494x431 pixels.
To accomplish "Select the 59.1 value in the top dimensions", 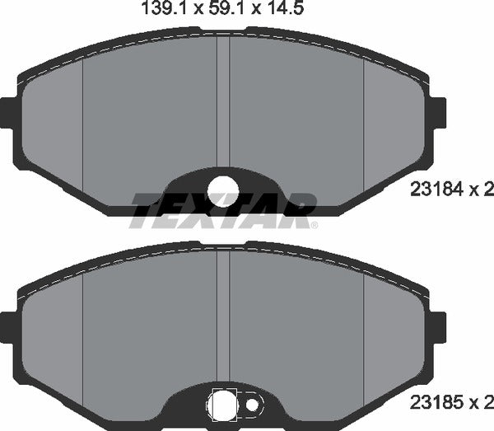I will pyautogui.click(x=211, y=12).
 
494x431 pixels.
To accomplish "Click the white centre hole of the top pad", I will pyautogui.click(x=222, y=191).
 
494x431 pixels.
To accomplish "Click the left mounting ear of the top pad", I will pyautogui.click(x=9, y=112).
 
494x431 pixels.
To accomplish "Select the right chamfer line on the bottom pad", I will pyautogui.click(x=364, y=330).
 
